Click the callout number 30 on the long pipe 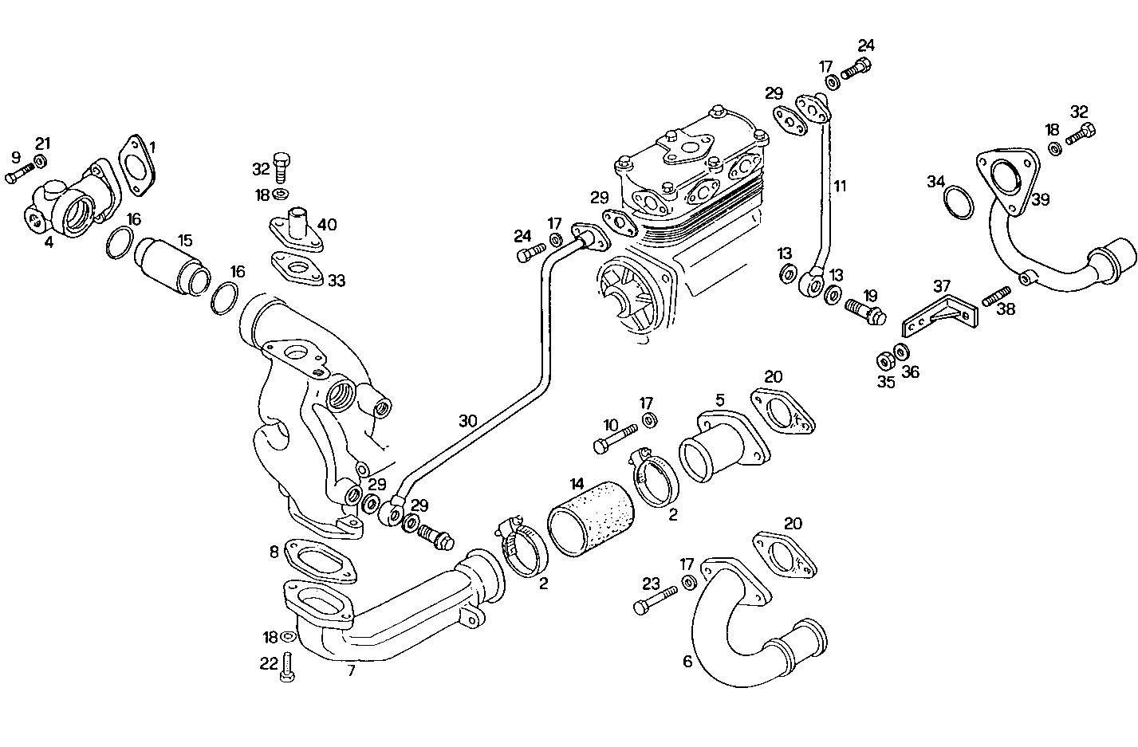[x=468, y=420]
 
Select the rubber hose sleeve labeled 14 [x=590, y=527]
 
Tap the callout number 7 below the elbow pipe [x=351, y=671]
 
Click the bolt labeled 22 [x=289, y=667]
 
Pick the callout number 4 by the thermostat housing [x=49, y=241]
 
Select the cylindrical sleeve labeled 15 [x=172, y=266]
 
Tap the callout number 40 [x=327, y=225]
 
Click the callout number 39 [x=1040, y=199]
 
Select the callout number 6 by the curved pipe [x=687, y=662]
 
